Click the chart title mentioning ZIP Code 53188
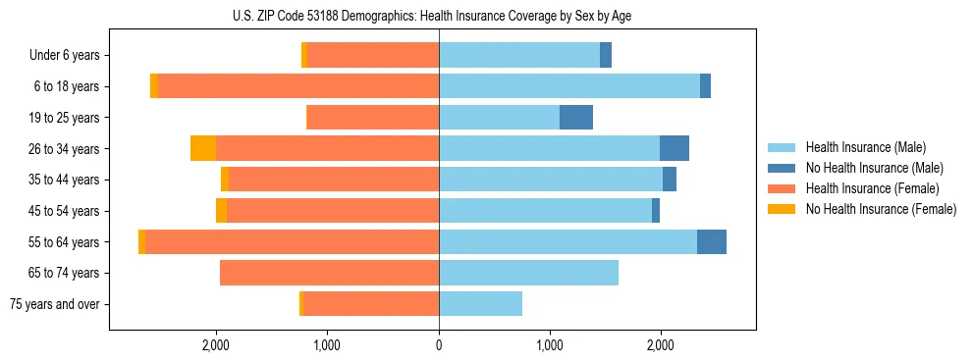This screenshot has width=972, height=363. (439, 16)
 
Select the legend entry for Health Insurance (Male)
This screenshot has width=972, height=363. (864, 147)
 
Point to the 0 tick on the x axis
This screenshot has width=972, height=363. (439, 344)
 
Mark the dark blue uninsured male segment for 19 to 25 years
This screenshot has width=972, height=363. (576, 118)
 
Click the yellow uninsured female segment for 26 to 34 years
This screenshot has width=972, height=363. (203, 148)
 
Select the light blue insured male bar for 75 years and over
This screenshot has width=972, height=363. (480, 304)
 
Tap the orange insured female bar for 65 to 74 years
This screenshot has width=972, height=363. (329, 273)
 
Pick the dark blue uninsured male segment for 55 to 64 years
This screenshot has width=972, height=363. (712, 241)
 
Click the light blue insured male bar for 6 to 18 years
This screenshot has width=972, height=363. (569, 86)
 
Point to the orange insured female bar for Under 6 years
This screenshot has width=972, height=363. (373, 56)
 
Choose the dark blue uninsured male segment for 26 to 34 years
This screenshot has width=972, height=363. (675, 148)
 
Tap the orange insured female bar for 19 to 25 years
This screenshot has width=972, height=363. (373, 118)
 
